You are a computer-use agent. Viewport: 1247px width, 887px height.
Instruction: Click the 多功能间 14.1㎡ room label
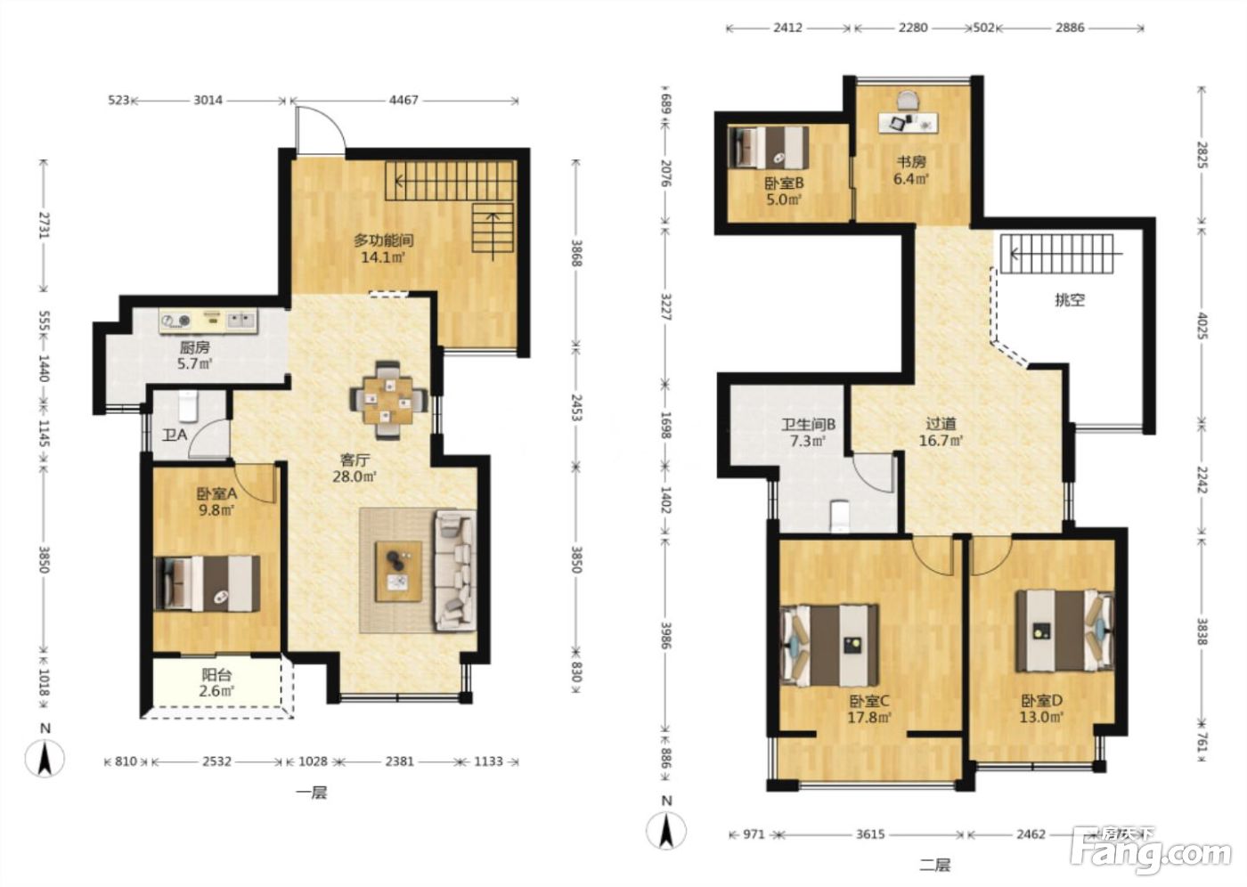(384, 248)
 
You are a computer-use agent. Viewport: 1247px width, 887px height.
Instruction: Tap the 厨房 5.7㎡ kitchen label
(195, 355)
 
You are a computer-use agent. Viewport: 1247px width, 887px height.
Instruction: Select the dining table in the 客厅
(388, 400)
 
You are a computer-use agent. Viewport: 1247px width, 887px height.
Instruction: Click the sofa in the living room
(455, 570)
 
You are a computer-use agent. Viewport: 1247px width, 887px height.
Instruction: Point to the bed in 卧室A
(207, 583)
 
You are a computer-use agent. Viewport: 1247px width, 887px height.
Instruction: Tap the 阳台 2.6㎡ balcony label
(216, 683)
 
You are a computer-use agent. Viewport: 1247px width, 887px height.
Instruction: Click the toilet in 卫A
(188, 406)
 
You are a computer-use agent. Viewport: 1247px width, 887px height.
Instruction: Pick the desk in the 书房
(908, 122)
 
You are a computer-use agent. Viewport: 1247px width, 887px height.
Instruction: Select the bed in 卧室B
(768, 148)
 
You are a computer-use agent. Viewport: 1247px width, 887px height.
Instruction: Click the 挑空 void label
(1070, 300)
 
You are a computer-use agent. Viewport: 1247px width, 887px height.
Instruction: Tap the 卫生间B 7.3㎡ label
(809, 433)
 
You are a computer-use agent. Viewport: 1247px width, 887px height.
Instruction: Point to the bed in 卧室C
(830, 646)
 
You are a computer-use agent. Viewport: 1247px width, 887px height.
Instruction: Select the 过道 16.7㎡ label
(941, 432)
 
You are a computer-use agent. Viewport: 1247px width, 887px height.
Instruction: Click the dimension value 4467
(403, 100)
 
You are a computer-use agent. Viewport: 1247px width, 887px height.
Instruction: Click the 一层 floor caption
(312, 793)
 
